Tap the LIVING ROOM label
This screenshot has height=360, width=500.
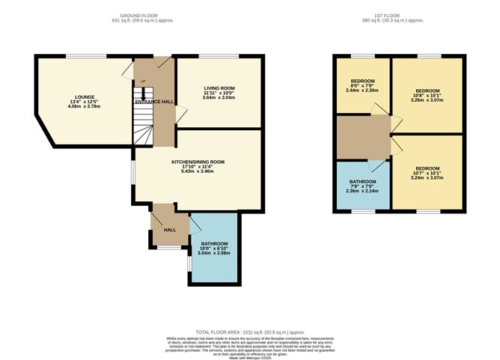tap(219, 88)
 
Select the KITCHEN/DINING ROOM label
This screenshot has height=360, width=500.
tap(198, 162)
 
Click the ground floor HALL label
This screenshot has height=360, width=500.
tap(170, 229)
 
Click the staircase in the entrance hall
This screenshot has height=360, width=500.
tap(144, 120)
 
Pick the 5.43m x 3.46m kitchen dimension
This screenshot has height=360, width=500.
tap(198, 171)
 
